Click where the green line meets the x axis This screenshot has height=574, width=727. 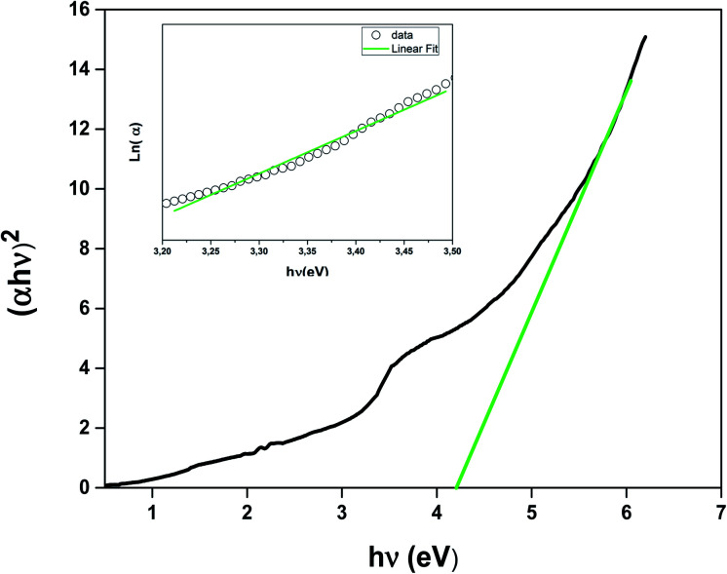(457, 486)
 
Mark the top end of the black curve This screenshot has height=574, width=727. (645, 37)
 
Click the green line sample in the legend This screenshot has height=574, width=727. (370, 46)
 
